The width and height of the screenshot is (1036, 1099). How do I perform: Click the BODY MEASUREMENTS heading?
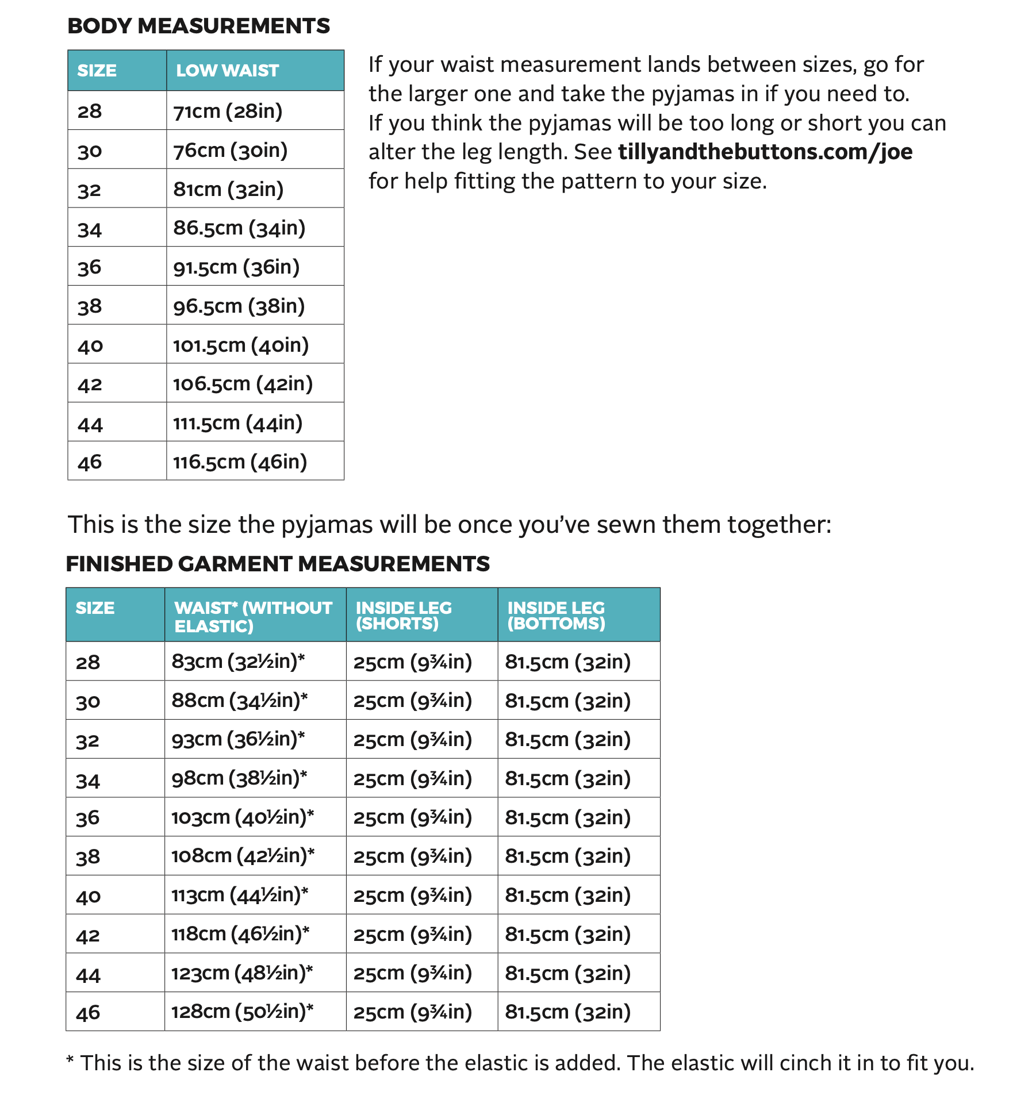[198, 26]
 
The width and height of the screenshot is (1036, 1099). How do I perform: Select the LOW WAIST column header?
[227, 70]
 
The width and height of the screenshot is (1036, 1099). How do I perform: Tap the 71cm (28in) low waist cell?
[228, 111]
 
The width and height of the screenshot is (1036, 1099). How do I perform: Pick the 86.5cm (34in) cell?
[239, 228]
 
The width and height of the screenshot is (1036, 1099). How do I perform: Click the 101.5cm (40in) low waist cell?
[241, 345]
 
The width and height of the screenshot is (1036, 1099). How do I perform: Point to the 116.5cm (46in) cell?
[240, 462]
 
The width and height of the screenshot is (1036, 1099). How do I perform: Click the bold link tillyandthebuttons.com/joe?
[765, 152]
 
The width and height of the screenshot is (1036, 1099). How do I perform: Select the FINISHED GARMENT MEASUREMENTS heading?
[278, 564]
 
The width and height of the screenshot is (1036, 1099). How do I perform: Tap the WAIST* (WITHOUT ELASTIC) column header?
[253, 616]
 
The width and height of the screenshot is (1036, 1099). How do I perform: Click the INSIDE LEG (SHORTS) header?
[404, 615]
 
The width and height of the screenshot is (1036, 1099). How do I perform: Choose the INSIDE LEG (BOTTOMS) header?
[556, 615]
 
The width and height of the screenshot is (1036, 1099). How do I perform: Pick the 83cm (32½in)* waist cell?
[238, 662]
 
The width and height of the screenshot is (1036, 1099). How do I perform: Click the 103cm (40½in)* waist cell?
[243, 817]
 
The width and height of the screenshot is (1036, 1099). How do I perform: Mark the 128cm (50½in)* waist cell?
[242, 1011]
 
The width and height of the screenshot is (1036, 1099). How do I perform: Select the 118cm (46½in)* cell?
[240, 933]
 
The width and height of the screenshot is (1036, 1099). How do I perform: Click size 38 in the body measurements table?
[90, 306]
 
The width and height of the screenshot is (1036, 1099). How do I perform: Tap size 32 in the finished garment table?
[87, 740]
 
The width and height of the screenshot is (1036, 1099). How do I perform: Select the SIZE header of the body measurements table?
[97, 70]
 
